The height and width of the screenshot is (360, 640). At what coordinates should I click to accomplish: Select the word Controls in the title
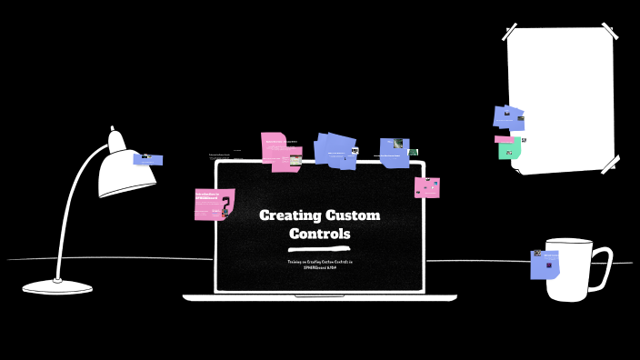319,234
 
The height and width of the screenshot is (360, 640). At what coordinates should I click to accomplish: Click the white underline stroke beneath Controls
318,247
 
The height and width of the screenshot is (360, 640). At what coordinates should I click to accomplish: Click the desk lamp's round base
57,287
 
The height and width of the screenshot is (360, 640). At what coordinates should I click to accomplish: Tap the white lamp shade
123,173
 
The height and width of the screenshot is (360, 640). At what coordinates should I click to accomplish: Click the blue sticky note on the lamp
148,160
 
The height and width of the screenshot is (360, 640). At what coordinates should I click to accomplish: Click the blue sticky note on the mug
545,265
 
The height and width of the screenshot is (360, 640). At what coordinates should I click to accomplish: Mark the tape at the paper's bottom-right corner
609,165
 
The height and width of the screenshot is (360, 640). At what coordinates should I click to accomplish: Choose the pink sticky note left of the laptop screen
215,204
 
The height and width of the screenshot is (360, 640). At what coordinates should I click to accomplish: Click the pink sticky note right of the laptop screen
427,187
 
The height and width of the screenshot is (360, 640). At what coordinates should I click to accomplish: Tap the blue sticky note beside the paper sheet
508,117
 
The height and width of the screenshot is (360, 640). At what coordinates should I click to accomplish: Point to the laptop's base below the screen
319,297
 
